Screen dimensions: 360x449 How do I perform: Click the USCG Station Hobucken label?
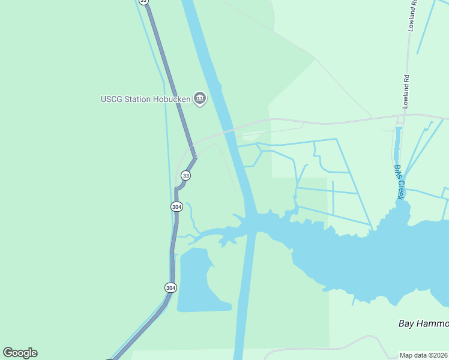(x=146, y=99)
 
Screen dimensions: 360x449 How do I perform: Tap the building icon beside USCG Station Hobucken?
(x=200, y=98)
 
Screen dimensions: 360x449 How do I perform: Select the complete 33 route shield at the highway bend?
(x=186, y=175)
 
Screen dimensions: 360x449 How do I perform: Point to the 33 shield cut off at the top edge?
(x=143, y=2)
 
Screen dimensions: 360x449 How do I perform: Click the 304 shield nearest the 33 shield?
(x=176, y=206)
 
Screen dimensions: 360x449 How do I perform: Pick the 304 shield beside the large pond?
(x=170, y=287)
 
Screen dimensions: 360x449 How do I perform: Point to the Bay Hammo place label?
(x=423, y=323)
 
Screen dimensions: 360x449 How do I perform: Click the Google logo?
(x=20, y=353)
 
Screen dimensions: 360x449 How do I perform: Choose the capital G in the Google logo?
(x=8, y=353)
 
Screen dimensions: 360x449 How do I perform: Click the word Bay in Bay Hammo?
(x=407, y=323)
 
